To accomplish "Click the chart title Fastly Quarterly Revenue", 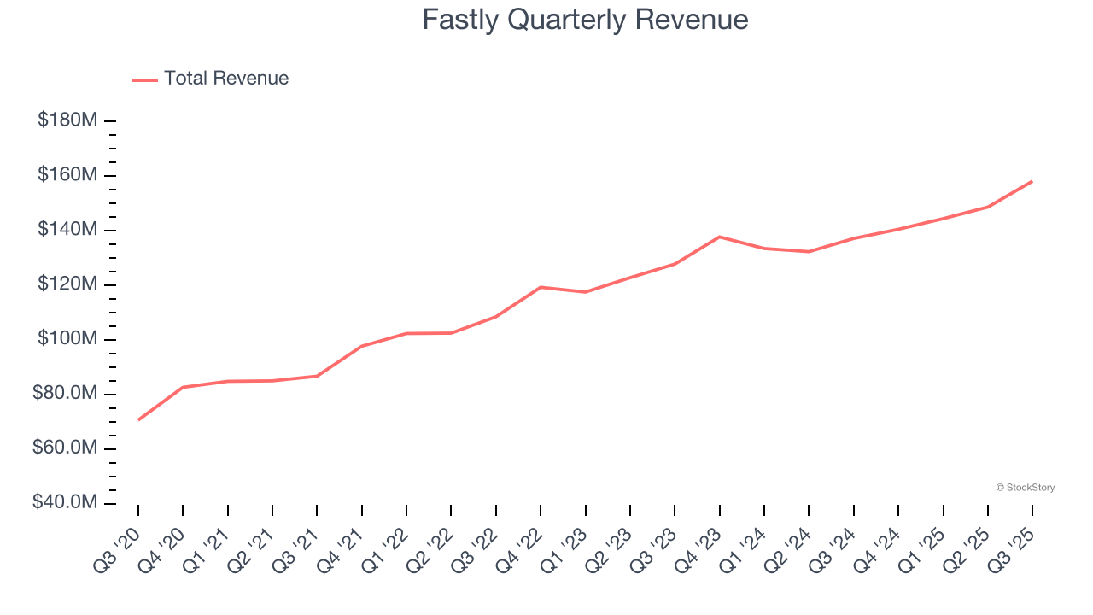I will pyautogui.click(x=585, y=20).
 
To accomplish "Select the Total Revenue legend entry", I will pyautogui.click(x=226, y=79).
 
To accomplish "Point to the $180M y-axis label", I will pyautogui.click(x=67, y=120).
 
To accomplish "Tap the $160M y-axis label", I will pyautogui.click(x=67, y=175).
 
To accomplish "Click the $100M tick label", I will pyautogui.click(x=67, y=339).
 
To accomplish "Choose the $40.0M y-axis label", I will pyautogui.click(x=64, y=502).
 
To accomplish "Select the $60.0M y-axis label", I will pyautogui.click(x=64, y=448).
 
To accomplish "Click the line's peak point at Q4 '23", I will pyautogui.click(x=719, y=237).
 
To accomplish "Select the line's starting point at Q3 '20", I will pyautogui.click(x=138, y=419).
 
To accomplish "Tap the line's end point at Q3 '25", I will pyautogui.click(x=1032, y=181).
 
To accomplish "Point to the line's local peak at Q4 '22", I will pyautogui.click(x=541, y=287).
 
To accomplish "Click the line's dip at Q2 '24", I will pyautogui.click(x=809, y=251).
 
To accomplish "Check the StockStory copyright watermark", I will pyautogui.click(x=1025, y=488).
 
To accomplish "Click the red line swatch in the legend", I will pyautogui.click(x=145, y=79).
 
